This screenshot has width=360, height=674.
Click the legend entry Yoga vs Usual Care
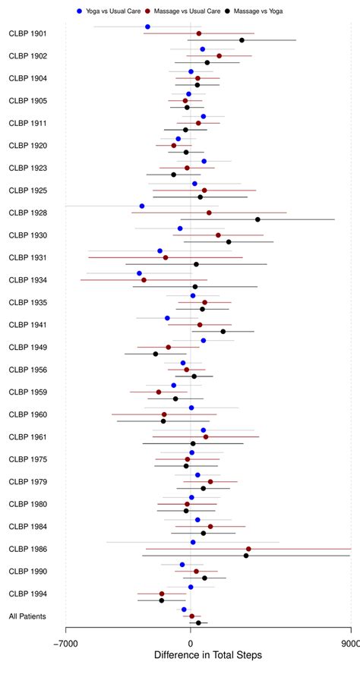[109, 11]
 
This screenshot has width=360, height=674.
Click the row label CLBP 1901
[27, 34]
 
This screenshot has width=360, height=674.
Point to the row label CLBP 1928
[27, 213]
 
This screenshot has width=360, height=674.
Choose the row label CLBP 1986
[27, 549]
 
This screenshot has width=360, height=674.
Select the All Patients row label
[27, 616]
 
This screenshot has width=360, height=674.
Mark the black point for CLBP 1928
[257, 219]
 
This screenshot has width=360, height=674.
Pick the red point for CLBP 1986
[248, 549]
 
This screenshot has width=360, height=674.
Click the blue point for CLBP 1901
[147, 27]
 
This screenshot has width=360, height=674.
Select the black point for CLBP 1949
[156, 354]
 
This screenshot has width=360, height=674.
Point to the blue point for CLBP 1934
[139, 273]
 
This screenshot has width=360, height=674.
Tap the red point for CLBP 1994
[162, 594]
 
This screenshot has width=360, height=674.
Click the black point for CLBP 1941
[223, 331]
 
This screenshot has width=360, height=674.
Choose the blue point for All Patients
[184, 609]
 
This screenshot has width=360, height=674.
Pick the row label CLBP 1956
[27, 370]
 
